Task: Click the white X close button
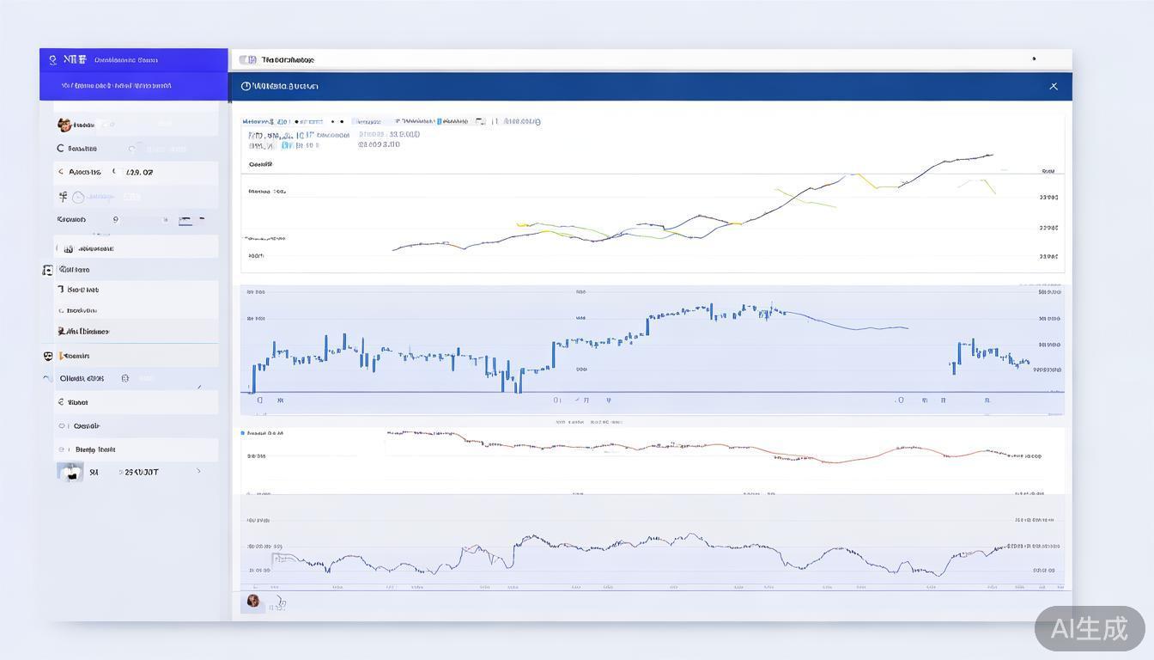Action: tap(1054, 86)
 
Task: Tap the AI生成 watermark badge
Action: tap(1090, 628)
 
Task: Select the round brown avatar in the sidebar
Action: tap(64, 125)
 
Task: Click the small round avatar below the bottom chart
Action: tap(253, 601)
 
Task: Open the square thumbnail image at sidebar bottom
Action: tap(70, 472)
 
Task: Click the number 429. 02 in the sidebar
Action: tap(139, 172)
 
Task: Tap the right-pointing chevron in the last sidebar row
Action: tap(199, 471)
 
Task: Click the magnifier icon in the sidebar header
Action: tap(53, 60)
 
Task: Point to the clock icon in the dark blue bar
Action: tap(246, 86)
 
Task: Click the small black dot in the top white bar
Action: tap(1034, 59)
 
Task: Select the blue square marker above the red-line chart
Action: tap(243, 433)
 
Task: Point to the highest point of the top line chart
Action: tap(991, 156)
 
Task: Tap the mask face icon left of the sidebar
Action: tap(48, 356)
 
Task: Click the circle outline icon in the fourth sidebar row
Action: tap(78, 197)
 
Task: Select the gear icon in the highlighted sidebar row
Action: tap(125, 378)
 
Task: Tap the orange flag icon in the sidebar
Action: tap(62, 331)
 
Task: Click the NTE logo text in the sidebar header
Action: tap(75, 59)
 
